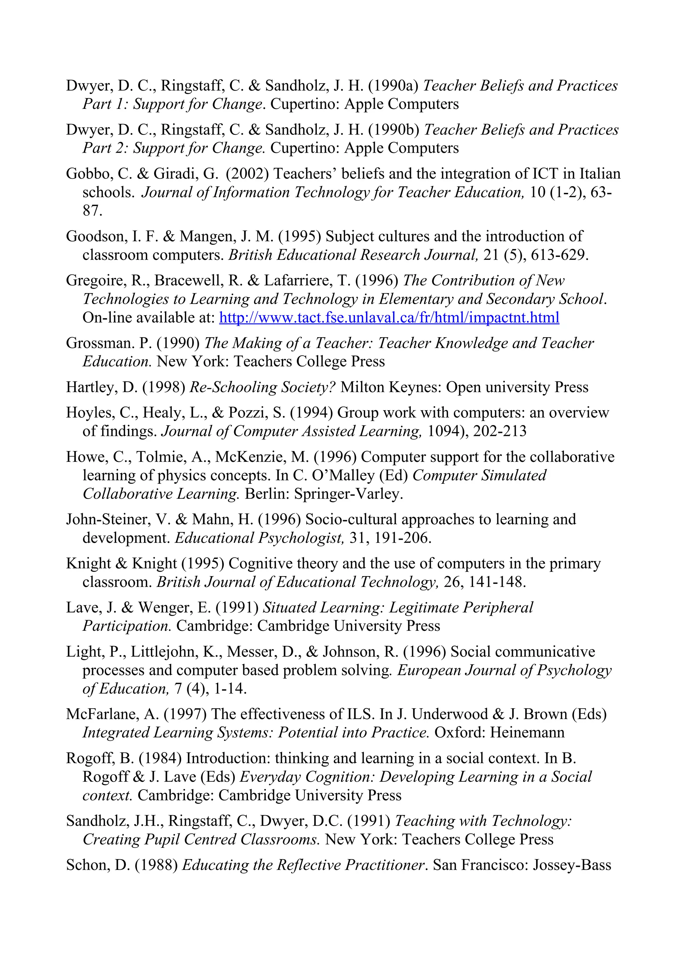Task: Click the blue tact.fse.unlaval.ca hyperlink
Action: (389, 318)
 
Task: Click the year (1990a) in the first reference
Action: (393, 86)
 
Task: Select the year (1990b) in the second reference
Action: (394, 130)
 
